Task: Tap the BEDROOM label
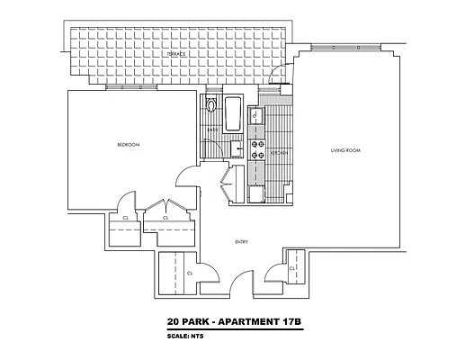(127, 144)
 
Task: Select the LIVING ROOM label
(344, 151)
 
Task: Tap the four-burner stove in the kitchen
(255, 147)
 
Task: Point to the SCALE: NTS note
(189, 337)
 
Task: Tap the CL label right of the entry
(293, 268)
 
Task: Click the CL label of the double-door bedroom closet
(165, 219)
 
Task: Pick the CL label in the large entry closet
(191, 272)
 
